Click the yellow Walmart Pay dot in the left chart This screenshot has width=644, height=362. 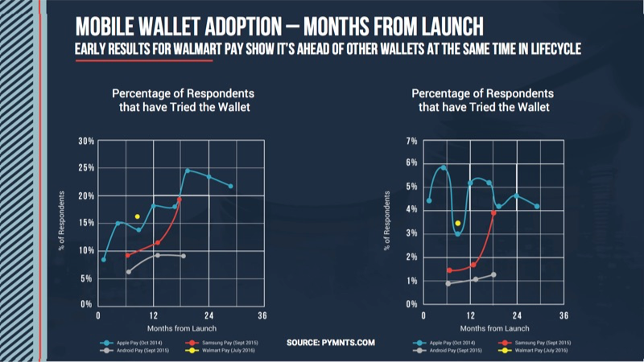138,216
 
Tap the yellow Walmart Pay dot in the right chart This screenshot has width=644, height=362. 458,224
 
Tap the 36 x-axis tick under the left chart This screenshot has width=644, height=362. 262,315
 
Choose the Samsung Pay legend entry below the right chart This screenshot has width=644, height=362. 537,342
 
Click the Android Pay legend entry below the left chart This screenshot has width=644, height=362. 128,351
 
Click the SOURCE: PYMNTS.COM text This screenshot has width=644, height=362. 331,343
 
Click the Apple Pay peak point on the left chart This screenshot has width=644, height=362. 187,171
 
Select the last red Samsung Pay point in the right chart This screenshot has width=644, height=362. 493,213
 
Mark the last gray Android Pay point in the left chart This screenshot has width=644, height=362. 184,256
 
